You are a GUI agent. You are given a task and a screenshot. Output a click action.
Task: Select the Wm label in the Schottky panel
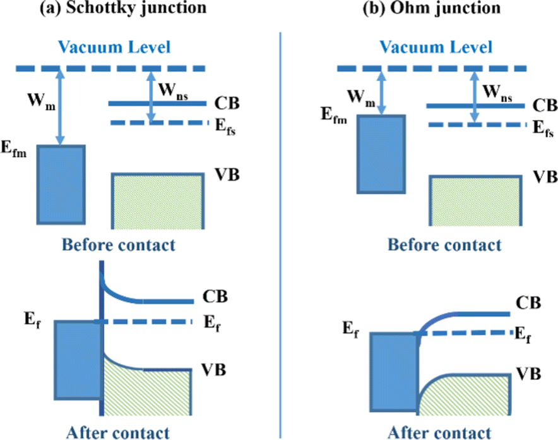point(42,102)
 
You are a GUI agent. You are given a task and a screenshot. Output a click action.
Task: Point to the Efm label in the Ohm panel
point(334,114)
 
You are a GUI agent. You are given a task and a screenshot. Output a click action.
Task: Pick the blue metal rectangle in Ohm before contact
point(381,154)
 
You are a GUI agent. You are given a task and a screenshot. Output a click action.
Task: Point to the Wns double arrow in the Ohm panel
point(475,95)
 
